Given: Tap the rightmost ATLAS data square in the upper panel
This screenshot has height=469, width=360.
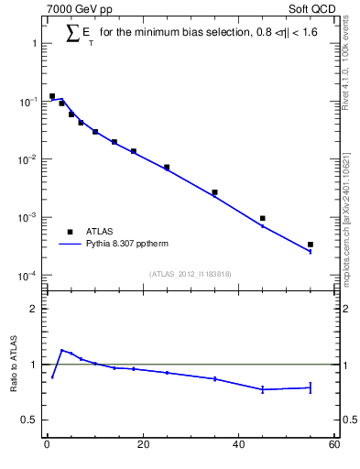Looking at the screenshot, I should pyautogui.click(x=311, y=245).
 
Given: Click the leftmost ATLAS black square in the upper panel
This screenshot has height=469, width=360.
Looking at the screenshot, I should pyautogui.click(x=52, y=96).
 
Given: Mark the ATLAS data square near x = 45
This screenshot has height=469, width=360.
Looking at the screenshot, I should pyautogui.click(x=263, y=218).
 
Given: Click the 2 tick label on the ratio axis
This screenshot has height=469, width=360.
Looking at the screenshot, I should pyautogui.click(x=34, y=309).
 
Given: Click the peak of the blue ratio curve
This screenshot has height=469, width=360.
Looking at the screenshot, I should pyautogui.click(x=61, y=350).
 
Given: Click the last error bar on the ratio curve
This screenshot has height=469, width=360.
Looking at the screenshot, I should pyautogui.click(x=311, y=387).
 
